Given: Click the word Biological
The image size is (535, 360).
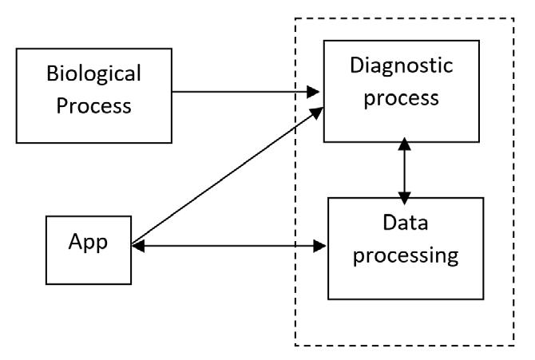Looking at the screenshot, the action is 94,74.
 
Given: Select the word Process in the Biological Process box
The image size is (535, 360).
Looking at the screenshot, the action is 94,105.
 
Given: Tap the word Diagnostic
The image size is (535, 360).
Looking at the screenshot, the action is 402,66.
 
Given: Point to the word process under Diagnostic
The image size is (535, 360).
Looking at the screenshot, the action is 401,99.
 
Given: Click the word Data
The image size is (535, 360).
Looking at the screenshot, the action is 406,223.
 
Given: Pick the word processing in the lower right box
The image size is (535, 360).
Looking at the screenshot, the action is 406,256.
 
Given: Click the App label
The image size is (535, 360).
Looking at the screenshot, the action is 88,243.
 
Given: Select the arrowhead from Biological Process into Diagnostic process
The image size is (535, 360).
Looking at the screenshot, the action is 313,92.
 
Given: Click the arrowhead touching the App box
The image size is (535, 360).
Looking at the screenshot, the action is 138,246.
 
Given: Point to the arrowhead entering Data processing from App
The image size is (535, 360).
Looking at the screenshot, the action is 319,246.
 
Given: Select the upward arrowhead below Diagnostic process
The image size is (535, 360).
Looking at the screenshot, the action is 404,144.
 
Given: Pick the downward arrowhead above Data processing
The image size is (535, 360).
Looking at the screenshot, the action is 404,198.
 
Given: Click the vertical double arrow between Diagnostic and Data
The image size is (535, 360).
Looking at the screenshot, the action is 404,171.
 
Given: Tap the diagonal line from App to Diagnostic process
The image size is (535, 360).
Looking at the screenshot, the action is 228,176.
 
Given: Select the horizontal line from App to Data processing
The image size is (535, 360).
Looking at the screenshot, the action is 229,246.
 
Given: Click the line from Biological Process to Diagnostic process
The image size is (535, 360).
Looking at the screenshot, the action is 246,92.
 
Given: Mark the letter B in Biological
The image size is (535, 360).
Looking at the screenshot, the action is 53,73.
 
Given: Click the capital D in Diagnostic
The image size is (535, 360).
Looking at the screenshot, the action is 357,65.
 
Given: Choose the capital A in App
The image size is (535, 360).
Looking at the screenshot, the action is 76,241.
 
